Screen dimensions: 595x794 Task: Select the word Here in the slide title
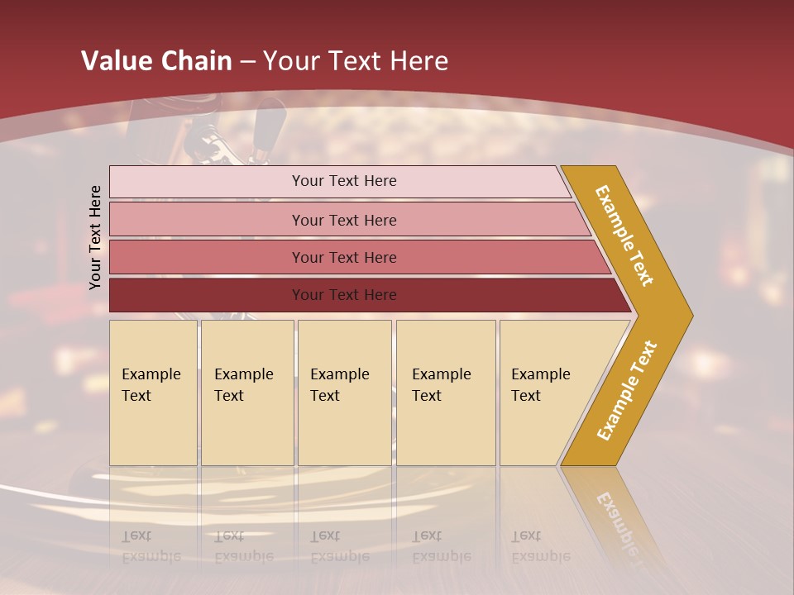(419, 61)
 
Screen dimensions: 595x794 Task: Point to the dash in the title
(247, 62)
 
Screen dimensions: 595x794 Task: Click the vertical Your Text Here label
(95, 237)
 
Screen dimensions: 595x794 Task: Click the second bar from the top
(344, 220)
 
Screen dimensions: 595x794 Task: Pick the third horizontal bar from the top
(344, 257)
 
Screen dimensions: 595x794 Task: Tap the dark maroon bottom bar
(344, 295)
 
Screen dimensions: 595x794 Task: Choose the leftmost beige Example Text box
(153, 393)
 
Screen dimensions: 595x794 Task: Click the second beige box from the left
(246, 393)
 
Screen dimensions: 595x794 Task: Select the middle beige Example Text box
(344, 393)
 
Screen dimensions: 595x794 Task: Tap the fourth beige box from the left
(445, 393)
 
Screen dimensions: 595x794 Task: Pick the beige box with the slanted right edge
(546, 393)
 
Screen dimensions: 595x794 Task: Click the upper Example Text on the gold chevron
(624, 236)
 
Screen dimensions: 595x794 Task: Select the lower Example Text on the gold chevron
(627, 391)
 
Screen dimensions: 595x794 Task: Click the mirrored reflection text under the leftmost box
(151, 546)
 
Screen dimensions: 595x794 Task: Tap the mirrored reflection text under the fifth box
(540, 546)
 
